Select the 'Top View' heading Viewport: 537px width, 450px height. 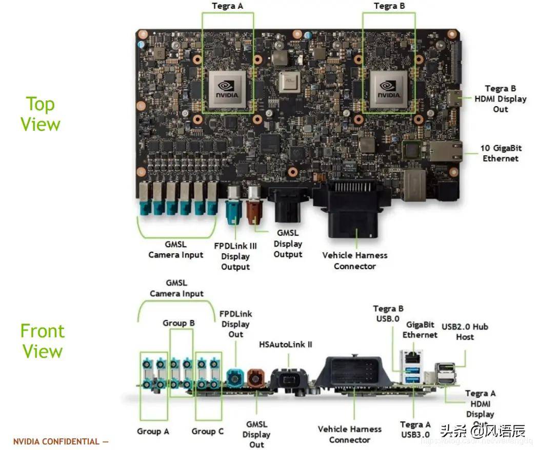(x=40, y=114)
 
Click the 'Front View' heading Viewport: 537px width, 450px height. (x=42, y=341)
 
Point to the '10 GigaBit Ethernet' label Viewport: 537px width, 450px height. (x=501, y=153)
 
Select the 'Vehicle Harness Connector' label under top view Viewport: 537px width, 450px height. (x=354, y=260)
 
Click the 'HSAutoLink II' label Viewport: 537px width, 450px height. (x=286, y=344)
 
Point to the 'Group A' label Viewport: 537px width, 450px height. (x=153, y=431)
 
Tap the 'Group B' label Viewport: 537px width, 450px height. (x=178, y=323)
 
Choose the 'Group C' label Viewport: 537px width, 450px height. (x=208, y=431)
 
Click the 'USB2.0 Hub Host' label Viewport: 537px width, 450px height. (x=465, y=332)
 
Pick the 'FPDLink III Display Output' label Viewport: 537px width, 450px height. (x=235, y=256)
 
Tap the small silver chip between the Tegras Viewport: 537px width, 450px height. (x=288, y=83)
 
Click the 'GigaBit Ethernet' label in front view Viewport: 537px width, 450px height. (x=420, y=330)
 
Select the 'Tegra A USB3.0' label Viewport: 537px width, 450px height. (x=415, y=430)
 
